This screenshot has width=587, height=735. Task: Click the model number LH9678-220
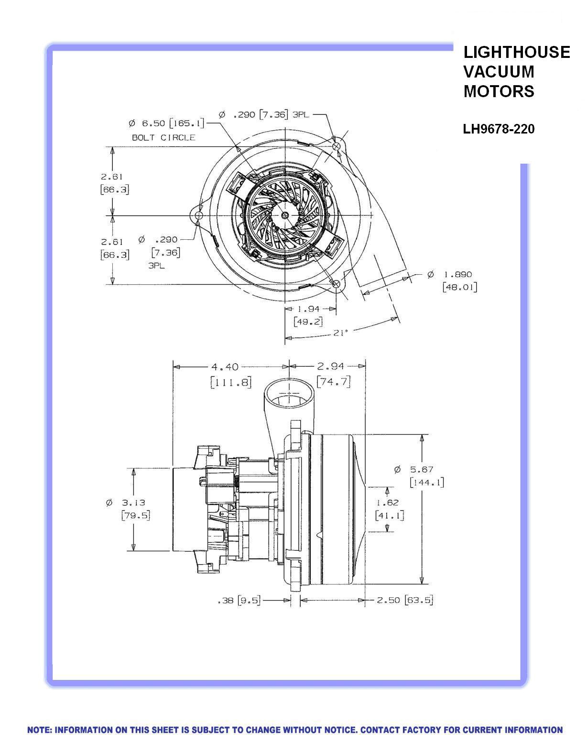pyautogui.click(x=499, y=129)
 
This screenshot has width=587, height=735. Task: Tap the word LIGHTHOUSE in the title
pyautogui.click(x=516, y=52)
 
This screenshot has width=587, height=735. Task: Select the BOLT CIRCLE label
pyautogui.click(x=163, y=137)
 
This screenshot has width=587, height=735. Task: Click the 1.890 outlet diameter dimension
pyautogui.click(x=457, y=275)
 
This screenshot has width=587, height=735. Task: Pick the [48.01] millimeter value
pyautogui.click(x=459, y=287)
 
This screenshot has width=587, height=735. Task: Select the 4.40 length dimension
pyautogui.click(x=225, y=367)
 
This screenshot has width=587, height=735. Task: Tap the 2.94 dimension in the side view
pyautogui.click(x=330, y=367)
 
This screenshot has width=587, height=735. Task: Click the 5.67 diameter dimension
pyautogui.click(x=421, y=470)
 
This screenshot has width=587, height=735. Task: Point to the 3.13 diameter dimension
pyautogui.click(x=132, y=503)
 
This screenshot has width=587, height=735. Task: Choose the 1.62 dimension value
pyautogui.click(x=387, y=502)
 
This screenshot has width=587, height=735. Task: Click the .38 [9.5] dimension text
pyautogui.click(x=239, y=600)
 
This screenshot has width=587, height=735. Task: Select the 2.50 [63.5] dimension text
pyautogui.click(x=405, y=600)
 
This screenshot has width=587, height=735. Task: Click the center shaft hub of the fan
pyautogui.click(x=285, y=215)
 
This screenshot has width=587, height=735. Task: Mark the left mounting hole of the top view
pyautogui.click(x=199, y=215)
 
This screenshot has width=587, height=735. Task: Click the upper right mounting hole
pyautogui.click(x=337, y=145)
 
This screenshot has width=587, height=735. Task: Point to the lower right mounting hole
pyautogui.click(x=336, y=284)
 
